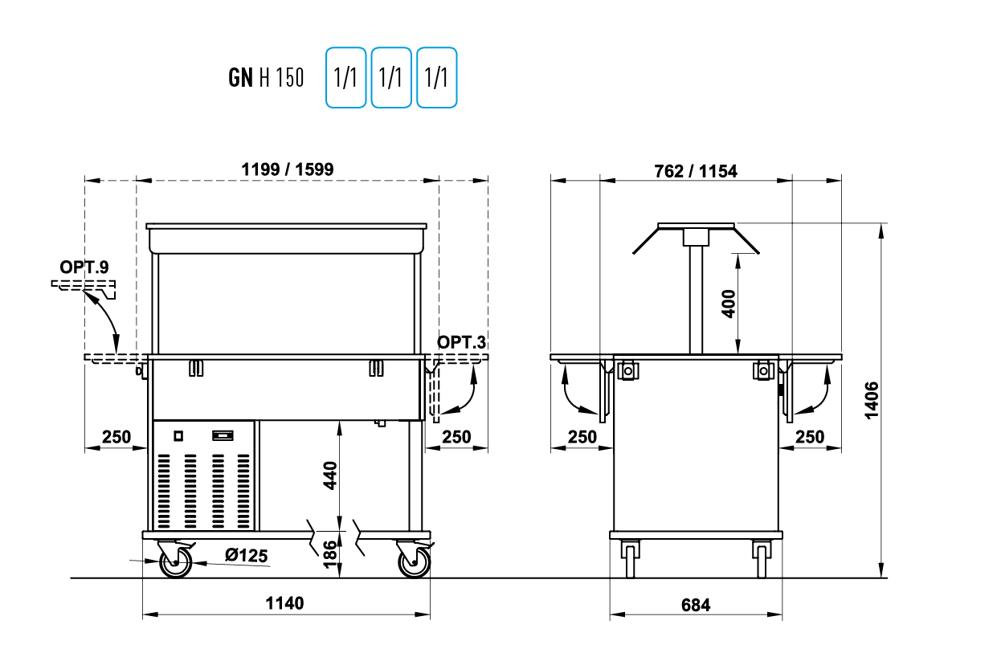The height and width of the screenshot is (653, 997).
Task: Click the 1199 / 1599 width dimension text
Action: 287,169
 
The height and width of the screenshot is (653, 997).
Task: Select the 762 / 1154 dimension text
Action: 695,171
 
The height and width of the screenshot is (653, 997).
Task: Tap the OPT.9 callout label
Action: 84,267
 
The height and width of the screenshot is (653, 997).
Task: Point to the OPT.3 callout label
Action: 461,342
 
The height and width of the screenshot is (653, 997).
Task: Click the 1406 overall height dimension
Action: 872,400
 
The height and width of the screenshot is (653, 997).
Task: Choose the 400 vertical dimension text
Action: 728,304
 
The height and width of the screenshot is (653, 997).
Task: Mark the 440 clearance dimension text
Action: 330,475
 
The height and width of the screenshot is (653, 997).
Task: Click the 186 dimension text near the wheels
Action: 330,555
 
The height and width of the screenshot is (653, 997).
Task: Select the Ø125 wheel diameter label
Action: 246,555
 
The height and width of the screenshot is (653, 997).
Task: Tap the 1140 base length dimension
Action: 284,603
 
